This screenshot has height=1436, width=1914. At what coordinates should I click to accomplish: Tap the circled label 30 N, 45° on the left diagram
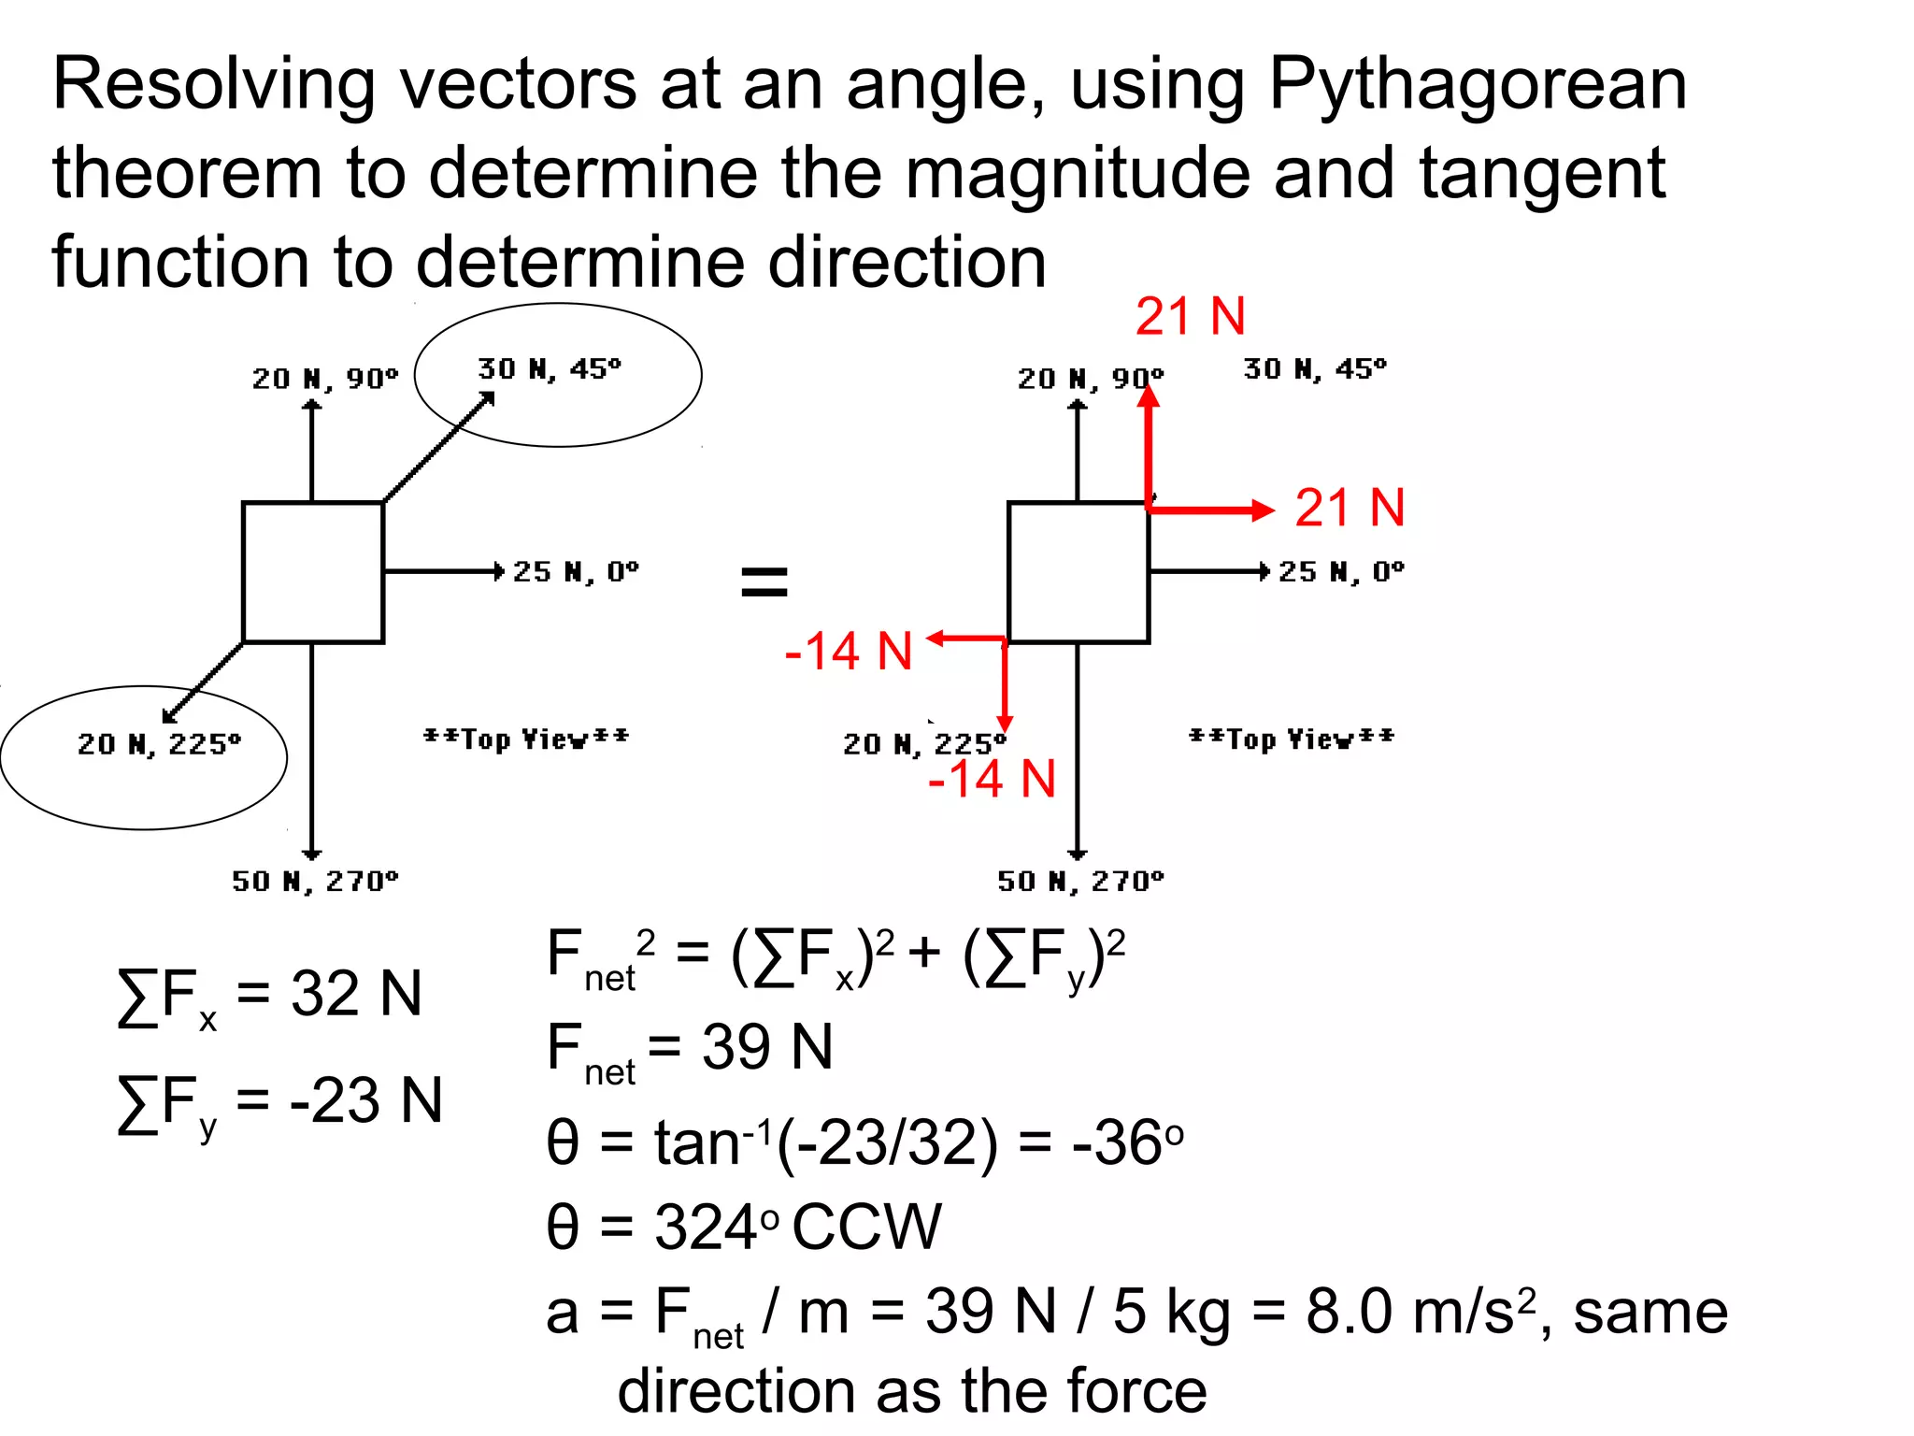coord(550,369)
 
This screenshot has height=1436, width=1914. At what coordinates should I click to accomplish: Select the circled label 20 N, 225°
coord(159,744)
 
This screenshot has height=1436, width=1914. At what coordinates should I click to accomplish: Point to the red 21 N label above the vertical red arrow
coord(1191,317)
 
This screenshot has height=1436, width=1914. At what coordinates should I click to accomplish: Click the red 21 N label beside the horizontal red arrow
coord(1350,509)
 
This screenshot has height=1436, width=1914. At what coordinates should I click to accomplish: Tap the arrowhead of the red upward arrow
coord(1149,395)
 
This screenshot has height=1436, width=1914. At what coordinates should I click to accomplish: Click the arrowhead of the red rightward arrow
coord(1264,510)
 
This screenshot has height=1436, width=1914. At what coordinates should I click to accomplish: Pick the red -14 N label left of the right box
coord(849,651)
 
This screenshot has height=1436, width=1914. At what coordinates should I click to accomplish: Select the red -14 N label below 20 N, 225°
coord(992,779)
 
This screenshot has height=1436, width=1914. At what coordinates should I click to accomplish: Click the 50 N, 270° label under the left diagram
coord(315,882)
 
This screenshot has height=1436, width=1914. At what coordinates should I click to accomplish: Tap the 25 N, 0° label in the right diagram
coord(1341,571)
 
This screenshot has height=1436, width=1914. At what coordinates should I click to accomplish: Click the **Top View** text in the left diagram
coord(526,739)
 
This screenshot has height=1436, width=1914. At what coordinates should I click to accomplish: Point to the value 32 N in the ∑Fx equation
coord(356,994)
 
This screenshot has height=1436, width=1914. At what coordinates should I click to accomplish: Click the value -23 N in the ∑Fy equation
coord(366,1100)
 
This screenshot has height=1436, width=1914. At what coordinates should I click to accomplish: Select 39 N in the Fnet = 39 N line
coord(766,1047)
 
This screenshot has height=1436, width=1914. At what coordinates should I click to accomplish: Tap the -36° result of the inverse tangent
coord(1126,1142)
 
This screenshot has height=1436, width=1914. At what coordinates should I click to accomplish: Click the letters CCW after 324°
coord(866,1227)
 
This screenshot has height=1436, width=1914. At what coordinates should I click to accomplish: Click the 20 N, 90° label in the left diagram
coord(324,379)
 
